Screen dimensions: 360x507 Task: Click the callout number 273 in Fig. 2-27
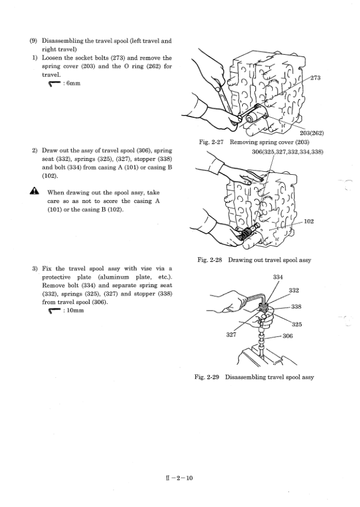pyautogui.click(x=316, y=77)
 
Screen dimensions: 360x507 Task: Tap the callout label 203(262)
pyautogui.click(x=312, y=133)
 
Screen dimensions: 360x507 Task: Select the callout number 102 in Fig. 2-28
pyautogui.click(x=309, y=222)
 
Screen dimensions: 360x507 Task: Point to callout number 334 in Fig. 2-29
pyautogui.click(x=278, y=277)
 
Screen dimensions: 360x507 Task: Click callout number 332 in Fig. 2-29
pyautogui.click(x=294, y=290)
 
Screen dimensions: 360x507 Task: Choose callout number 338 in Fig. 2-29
pyautogui.click(x=296, y=306)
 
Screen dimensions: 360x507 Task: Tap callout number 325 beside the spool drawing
pyautogui.click(x=297, y=324)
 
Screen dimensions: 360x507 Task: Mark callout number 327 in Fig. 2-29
pyautogui.click(x=231, y=335)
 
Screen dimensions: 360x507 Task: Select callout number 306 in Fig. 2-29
pyautogui.click(x=287, y=336)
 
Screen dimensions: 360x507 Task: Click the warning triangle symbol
pyautogui.click(x=34, y=192)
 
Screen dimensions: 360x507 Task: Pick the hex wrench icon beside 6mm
pyautogui.click(x=54, y=83)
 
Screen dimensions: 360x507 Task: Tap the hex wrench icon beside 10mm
pyautogui.click(x=54, y=311)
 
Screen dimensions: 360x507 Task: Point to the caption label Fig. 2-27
pyautogui.click(x=211, y=142)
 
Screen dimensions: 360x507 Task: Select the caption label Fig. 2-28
pyautogui.click(x=210, y=260)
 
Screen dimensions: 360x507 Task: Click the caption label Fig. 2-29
pyautogui.click(x=207, y=377)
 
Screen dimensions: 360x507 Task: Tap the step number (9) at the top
pyautogui.click(x=33, y=41)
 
